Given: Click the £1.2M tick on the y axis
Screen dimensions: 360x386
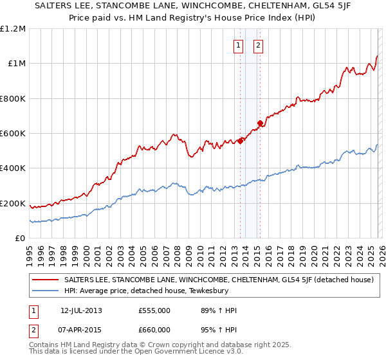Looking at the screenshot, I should pyautogui.click(x=13, y=28).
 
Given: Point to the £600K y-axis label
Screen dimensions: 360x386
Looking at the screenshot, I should pyautogui.click(x=13, y=134).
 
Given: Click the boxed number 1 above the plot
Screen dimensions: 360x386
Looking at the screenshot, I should pyautogui.click(x=239, y=45).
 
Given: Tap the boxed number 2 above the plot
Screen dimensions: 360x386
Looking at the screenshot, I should pyautogui.click(x=258, y=45).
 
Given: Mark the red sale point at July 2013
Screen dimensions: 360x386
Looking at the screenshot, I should pyautogui.click(x=240, y=141).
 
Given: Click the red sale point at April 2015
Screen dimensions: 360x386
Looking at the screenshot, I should pyautogui.click(x=260, y=123).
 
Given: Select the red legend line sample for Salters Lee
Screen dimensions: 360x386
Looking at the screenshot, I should pyautogui.click(x=46, y=280).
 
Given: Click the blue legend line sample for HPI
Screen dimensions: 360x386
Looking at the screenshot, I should pyautogui.click(x=46, y=291).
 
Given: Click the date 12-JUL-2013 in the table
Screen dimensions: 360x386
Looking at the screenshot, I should pyautogui.click(x=80, y=310).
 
